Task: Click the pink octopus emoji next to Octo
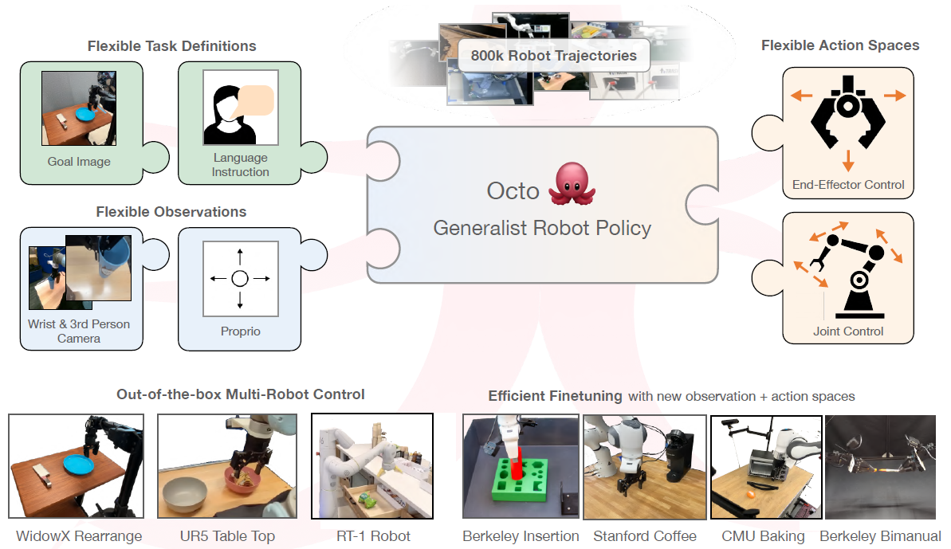pos(572,183)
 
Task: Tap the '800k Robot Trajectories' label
pos(554,56)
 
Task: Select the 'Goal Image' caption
pos(79,162)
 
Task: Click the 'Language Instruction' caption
pos(240,165)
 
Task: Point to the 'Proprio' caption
pos(240,331)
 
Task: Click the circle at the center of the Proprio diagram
pos(240,279)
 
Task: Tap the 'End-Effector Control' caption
pos(848,185)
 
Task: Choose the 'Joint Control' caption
pos(848,331)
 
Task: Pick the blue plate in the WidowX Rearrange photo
pos(81,464)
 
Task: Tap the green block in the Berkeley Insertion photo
pos(519,485)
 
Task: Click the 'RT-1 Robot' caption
pos(373,536)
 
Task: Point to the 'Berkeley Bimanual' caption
pos(881,536)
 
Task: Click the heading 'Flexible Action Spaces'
pos(840,45)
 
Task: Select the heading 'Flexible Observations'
pos(171,212)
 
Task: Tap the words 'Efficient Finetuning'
pos(555,396)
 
